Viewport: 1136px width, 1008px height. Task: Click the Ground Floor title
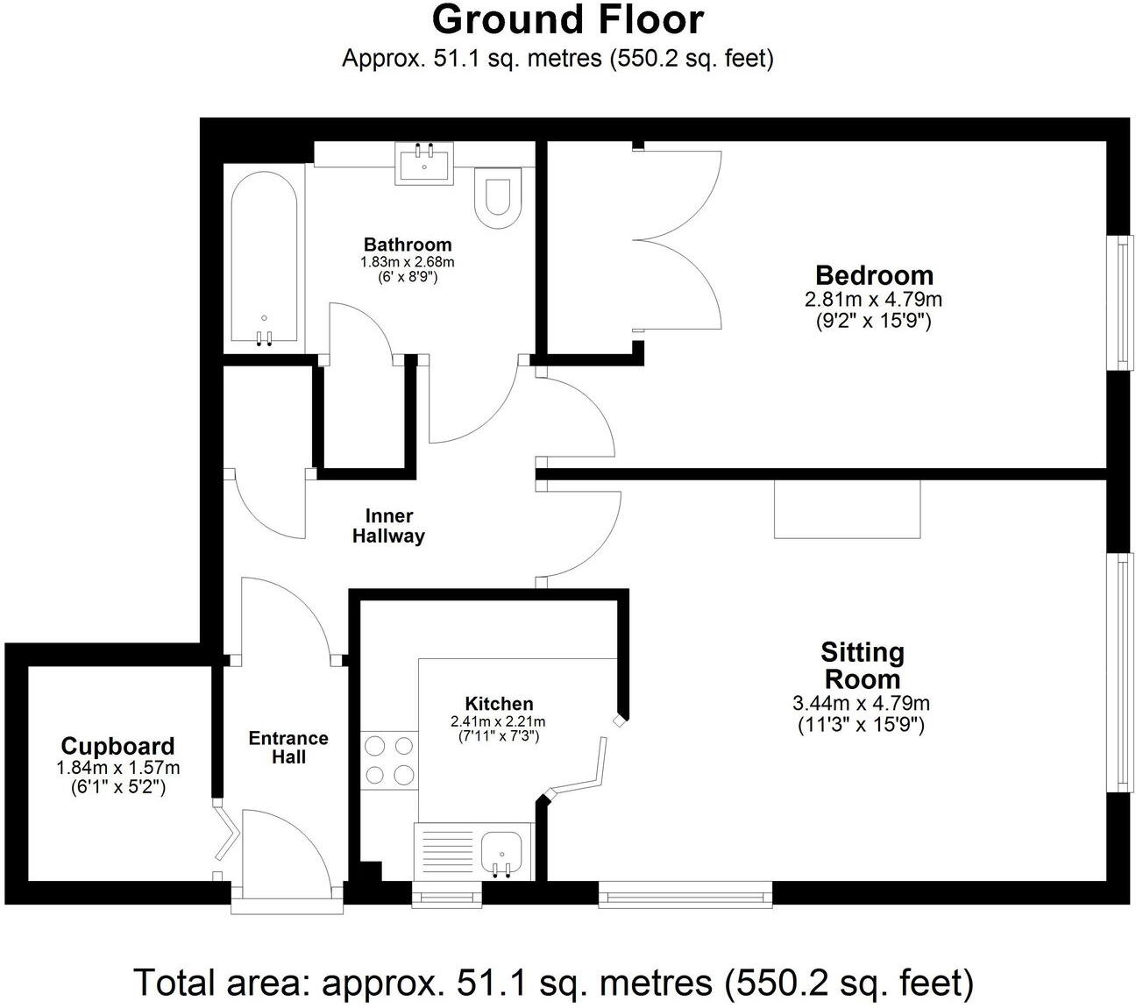(567, 19)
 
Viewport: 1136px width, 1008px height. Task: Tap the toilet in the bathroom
(497, 194)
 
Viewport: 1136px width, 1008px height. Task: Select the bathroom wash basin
(425, 164)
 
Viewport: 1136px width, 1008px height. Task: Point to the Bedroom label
(874, 275)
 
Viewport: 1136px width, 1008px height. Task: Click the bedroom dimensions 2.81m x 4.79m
(873, 299)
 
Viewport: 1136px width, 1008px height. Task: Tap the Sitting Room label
(862, 665)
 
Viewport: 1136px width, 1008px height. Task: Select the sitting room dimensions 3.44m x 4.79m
(861, 703)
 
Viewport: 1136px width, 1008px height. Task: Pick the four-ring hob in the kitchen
(389, 760)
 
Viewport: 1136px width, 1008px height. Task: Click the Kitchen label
(498, 703)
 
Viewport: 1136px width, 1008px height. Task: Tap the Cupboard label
(117, 746)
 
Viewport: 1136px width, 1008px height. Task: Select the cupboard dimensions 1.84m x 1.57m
(117, 768)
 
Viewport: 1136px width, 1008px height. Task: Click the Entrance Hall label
(288, 747)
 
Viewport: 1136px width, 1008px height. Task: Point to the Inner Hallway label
(388, 526)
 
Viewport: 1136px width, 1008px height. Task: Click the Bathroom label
(408, 245)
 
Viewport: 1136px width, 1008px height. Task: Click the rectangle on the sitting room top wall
(847, 509)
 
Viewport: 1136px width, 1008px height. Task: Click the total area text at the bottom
(553, 983)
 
